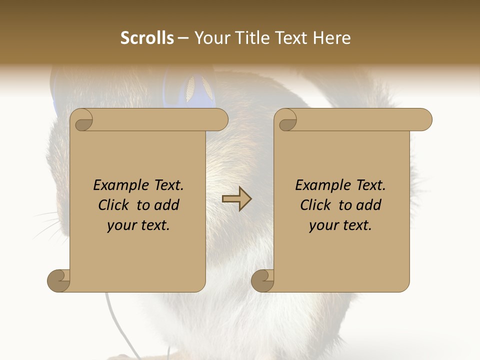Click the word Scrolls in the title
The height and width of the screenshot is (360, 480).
pyautogui.click(x=147, y=38)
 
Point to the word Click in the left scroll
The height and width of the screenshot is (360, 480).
pyautogui.click(x=114, y=205)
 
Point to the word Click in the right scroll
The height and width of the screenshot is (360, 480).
pyautogui.click(x=316, y=205)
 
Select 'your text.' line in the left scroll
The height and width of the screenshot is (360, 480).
pyautogui.click(x=138, y=225)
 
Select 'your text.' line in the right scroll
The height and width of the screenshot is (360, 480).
pyautogui.click(x=340, y=225)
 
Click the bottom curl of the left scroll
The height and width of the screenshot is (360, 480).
pyautogui.click(x=58, y=280)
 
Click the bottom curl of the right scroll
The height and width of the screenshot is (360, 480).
pyautogui.click(x=262, y=280)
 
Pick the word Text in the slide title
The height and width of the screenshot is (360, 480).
pyautogui.click(x=288, y=38)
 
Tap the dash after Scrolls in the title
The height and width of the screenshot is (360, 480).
pyautogui.click(x=183, y=38)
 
